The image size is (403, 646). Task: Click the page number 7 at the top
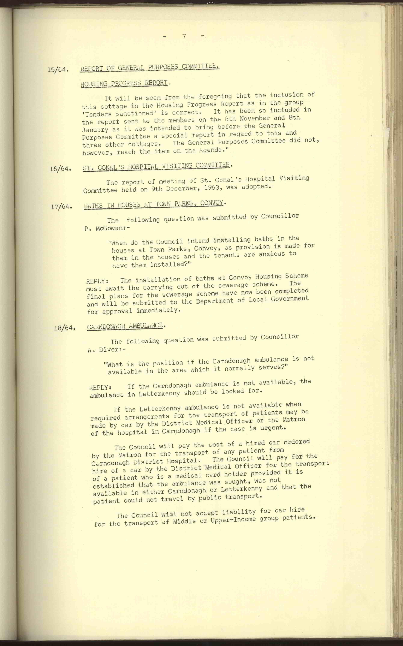[184, 37]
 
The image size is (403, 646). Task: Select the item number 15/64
[58, 70]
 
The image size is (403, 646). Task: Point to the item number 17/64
[62, 207]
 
